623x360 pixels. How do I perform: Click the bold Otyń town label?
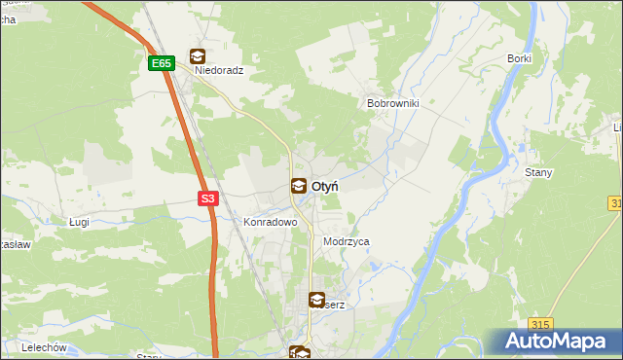coord(324,186)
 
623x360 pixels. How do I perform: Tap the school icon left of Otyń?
coord(298,186)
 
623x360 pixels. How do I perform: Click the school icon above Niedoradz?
coord(198,55)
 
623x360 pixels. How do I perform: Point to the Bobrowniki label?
coord(391,103)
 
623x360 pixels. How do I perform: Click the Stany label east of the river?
coord(538,173)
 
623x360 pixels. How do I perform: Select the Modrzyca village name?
coord(346,241)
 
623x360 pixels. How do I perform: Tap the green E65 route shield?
coord(162,64)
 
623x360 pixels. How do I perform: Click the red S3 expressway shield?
coord(207,198)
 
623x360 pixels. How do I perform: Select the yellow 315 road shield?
coord(541,324)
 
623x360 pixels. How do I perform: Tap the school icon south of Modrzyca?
coord(316,301)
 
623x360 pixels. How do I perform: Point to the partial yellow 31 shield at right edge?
coord(616,202)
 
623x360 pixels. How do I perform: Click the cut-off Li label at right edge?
coord(617,127)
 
